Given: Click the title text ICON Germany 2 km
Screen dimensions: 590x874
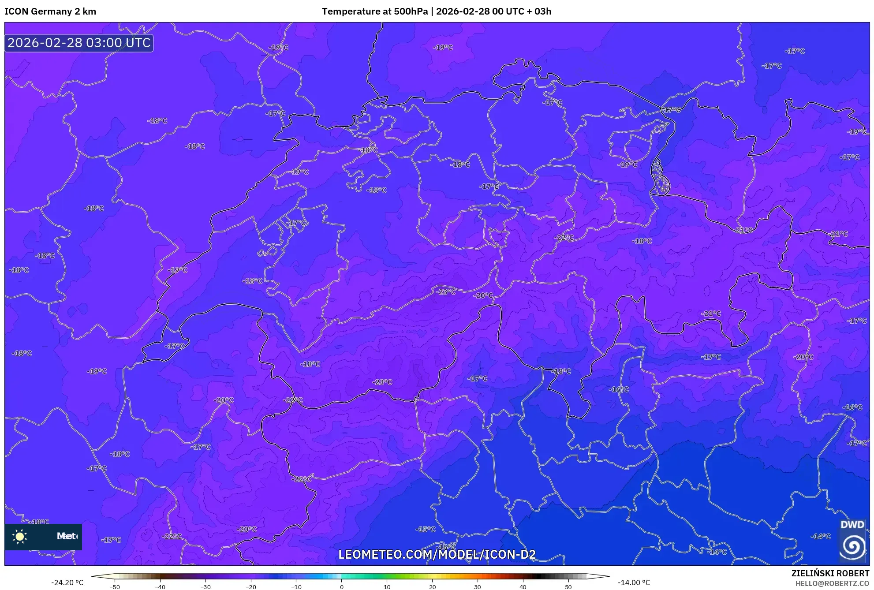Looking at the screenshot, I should [50, 11].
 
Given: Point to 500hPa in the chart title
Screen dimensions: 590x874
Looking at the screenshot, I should [411, 11].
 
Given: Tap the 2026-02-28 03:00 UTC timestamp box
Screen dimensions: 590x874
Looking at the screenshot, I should [79, 43].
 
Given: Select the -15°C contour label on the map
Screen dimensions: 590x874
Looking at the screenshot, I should [426, 529].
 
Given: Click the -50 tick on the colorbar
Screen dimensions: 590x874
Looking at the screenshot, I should [115, 587].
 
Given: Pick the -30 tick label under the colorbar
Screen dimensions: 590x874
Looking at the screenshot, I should [205, 587].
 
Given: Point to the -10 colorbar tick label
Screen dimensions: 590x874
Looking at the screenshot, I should [296, 587].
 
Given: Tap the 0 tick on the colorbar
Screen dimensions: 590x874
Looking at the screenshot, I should [342, 587].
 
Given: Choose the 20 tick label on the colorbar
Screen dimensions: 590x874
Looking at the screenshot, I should [432, 587].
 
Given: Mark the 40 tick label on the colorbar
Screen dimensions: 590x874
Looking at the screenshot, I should [523, 587].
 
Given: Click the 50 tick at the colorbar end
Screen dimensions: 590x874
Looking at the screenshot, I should [568, 587].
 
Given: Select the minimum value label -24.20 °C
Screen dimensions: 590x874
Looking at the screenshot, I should [67, 583].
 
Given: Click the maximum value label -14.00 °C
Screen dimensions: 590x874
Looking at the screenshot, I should [634, 583].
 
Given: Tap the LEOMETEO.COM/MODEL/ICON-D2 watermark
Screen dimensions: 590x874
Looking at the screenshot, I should [437, 554].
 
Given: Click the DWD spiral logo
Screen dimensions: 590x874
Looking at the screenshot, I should [852, 546].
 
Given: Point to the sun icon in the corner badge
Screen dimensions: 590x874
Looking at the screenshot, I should [20, 536].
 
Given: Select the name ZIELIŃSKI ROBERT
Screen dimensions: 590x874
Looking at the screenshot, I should [830, 573].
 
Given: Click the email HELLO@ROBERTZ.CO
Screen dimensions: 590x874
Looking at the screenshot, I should [832, 583].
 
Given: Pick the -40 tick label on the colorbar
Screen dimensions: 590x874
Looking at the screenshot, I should [160, 587].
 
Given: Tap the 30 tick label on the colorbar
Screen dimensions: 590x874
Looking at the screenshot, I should [478, 587].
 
